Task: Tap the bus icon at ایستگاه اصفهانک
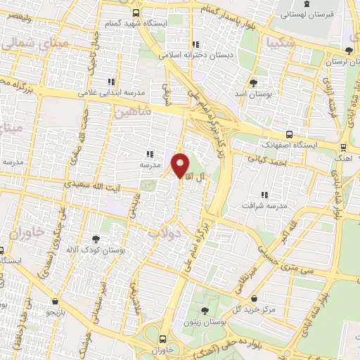coord(289,134)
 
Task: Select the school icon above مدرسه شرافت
coord(265,195)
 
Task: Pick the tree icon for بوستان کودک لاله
coord(96,239)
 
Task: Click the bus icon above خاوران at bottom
coord(162,337)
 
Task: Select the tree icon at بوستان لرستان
coord(349,50)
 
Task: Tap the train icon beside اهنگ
coord(344,148)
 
